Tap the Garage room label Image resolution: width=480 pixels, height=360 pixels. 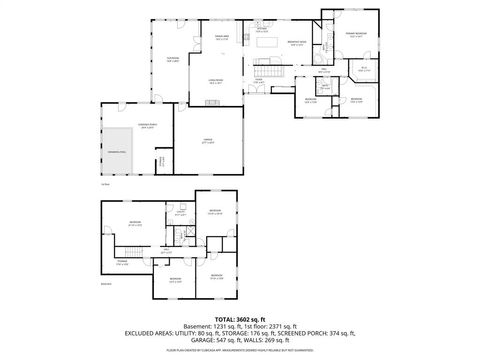(208, 140)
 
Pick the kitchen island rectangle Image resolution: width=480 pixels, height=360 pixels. (268, 42)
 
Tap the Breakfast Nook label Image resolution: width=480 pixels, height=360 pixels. (297, 42)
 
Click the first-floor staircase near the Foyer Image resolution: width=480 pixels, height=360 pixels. (268, 75)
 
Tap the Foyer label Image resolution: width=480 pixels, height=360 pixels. (259, 81)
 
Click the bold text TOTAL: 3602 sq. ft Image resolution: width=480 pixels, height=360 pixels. (240, 318)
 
